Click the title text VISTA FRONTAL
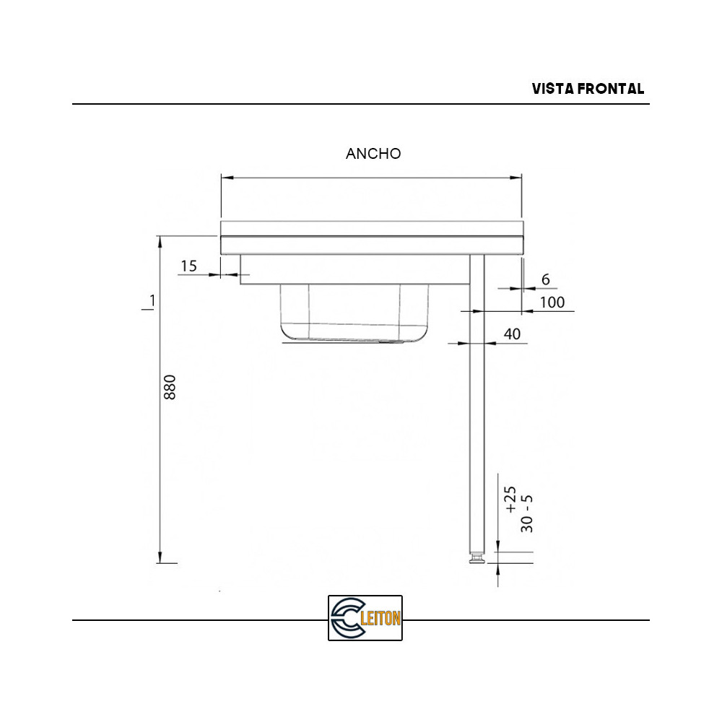588,89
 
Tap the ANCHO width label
373,154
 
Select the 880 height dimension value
170,388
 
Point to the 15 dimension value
188,266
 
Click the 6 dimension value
545,279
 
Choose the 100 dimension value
552,303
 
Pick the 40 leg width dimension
512,334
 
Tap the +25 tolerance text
510,500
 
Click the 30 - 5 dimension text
528,513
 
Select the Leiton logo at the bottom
365,618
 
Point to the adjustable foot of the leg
477,560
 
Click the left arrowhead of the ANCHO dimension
225,177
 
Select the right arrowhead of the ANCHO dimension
517,177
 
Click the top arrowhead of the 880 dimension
160,240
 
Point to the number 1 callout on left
151,300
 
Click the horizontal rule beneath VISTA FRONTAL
361,104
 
